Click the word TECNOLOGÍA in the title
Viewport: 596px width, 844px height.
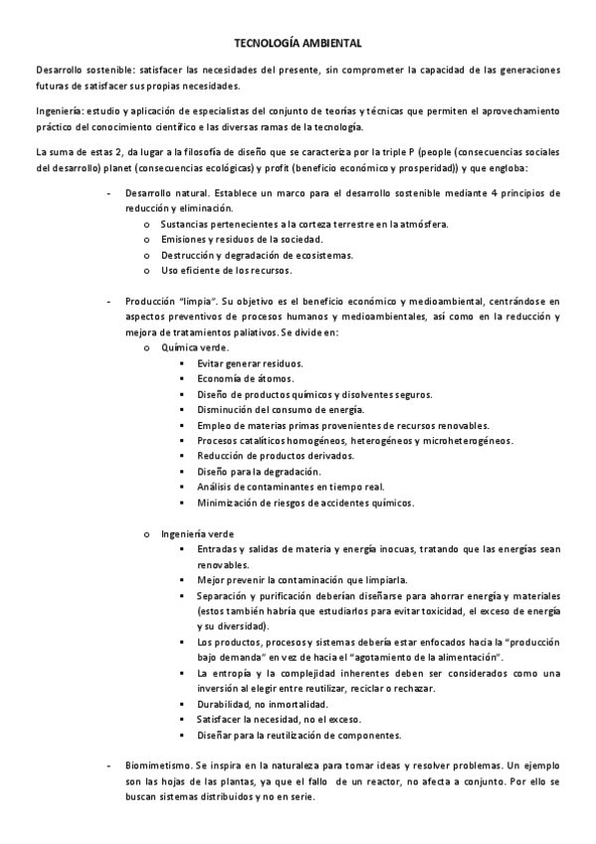(264, 44)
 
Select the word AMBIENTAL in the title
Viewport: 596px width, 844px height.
(331, 44)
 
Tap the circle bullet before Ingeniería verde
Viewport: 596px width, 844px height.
(146, 533)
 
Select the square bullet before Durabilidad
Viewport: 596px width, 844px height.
(181, 704)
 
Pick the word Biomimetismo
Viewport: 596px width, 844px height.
(157, 765)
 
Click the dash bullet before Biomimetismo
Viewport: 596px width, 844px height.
(106, 765)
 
